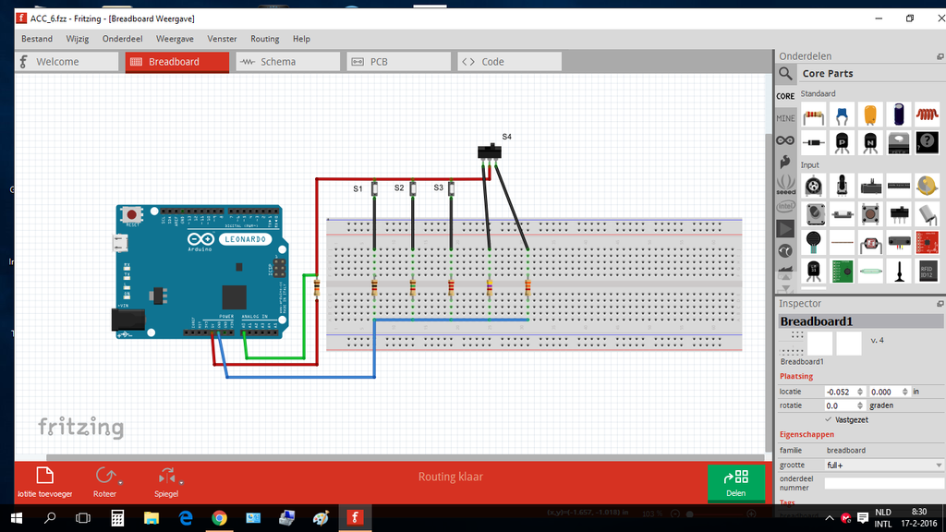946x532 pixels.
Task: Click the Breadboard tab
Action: tap(176, 62)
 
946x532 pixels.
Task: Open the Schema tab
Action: tap(287, 62)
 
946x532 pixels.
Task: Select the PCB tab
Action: tap(398, 62)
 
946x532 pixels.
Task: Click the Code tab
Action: tap(509, 62)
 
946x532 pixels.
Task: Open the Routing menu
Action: tap(264, 39)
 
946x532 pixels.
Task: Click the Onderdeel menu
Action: tap(122, 39)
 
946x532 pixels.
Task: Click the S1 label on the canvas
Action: tap(358, 188)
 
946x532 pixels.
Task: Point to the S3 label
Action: tap(438, 187)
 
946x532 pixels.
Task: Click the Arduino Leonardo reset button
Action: tap(132, 215)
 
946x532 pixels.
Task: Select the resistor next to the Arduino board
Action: tap(318, 287)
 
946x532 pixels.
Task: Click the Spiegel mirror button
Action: tap(166, 482)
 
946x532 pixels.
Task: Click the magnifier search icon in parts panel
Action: tap(785, 74)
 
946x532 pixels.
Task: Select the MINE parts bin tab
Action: tap(785, 118)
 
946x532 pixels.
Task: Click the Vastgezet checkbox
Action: tap(829, 419)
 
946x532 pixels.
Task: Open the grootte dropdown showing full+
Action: tap(883, 465)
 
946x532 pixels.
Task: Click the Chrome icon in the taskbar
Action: tap(219, 518)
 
